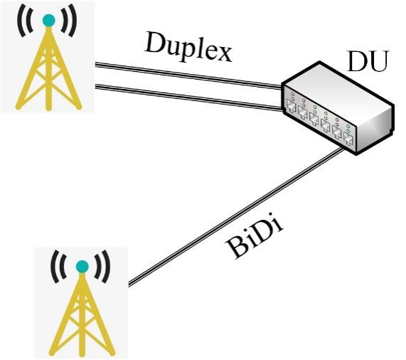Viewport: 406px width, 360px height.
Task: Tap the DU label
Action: point(368,61)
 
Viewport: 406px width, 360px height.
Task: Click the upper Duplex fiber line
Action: point(188,75)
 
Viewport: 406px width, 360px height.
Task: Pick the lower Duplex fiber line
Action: point(188,97)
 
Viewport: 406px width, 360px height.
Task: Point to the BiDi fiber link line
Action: point(236,217)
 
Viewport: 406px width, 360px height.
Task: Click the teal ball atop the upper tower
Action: point(49,21)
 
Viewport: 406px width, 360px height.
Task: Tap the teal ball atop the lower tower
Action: point(82,267)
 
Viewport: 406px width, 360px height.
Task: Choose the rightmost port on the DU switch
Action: point(348,139)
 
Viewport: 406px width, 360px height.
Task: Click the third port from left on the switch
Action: point(314,120)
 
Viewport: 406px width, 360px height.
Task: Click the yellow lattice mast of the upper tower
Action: point(48,68)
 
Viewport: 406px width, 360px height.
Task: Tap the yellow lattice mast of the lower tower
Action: point(82,314)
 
